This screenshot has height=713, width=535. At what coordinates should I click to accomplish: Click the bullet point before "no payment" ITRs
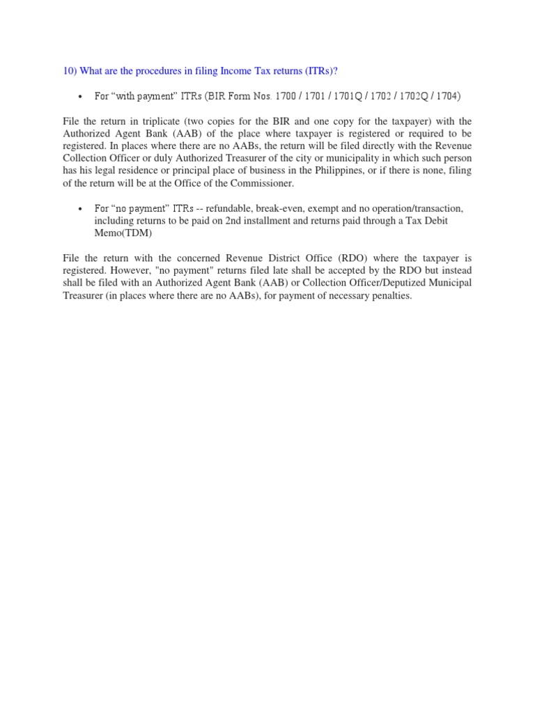(x=82, y=210)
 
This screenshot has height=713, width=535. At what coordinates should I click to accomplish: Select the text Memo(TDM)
(x=123, y=234)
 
